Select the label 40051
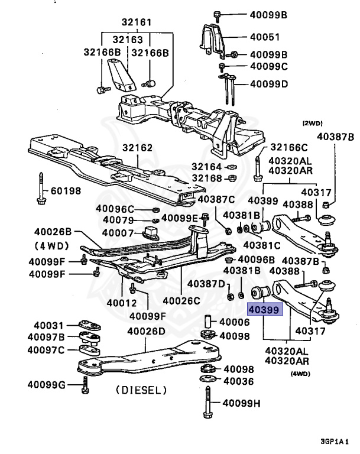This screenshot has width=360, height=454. click(x=265, y=37)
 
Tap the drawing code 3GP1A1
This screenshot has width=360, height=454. click(x=336, y=442)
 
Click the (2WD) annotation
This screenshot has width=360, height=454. click(x=312, y=124)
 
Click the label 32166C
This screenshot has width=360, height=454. click(x=289, y=147)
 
